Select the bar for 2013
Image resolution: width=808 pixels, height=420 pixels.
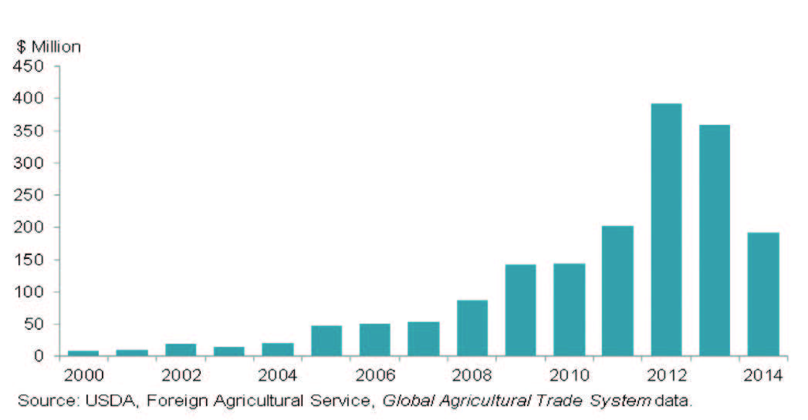[715, 240]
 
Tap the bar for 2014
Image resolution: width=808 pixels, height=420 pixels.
[763, 294]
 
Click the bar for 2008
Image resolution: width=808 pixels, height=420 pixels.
[472, 328]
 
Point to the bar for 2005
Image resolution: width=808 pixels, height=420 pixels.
[326, 341]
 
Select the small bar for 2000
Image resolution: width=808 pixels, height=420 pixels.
[83, 353]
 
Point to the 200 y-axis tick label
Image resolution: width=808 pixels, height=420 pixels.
[32, 228]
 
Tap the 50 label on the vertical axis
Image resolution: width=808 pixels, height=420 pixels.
[36, 324]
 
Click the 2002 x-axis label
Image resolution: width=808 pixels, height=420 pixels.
[181, 376]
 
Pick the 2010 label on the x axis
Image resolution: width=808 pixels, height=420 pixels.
[569, 376]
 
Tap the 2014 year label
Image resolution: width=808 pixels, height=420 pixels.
[763, 376]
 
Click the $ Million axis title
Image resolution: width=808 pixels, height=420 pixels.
[49, 46]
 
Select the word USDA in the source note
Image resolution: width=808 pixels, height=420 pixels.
[103, 401]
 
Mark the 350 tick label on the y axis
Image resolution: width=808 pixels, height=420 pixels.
[32, 131]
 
